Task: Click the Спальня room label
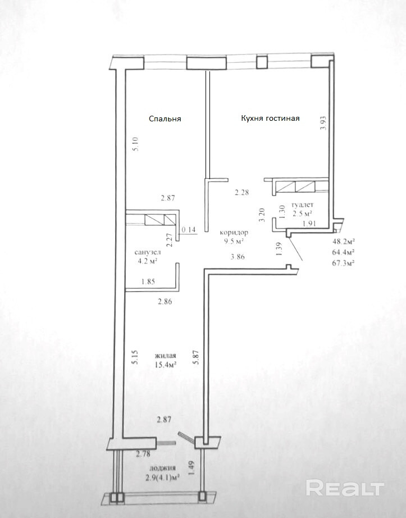[x=165, y=119]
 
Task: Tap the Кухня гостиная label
[x=270, y=119]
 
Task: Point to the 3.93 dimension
[x=323, y=122]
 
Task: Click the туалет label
[x=302, y=205]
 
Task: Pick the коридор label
[x=234, y=233]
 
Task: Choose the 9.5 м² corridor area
[x=234, y=241]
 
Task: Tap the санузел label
[x=148, y=252]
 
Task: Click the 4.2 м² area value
[x=148, y=261]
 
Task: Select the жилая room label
[x=165, y=356]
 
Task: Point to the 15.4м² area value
[x=165, y=365]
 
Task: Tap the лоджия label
[x=162, y=468]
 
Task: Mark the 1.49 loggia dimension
[x=191, y=469]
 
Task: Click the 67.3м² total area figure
[x=344, y=263]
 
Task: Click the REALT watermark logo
[x=345, y=488]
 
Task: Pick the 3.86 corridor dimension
[x=238, y=256]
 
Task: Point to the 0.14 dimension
[x=189, y=230]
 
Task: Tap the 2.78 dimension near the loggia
[x=143, y=454]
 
